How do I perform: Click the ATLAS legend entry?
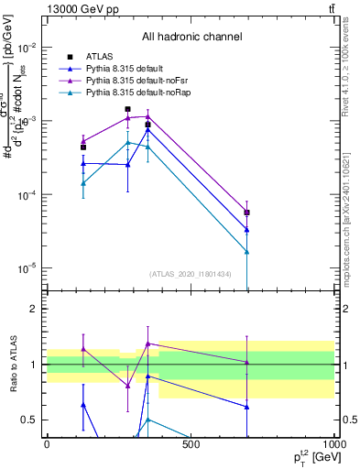(x=98, y=57)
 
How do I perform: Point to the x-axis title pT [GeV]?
(x=307, y=457)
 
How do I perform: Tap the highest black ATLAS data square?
(x=127, y=109)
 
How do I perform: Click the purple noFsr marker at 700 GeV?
(x=247, y=213)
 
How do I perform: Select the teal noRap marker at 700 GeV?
(x=247, y=251)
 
